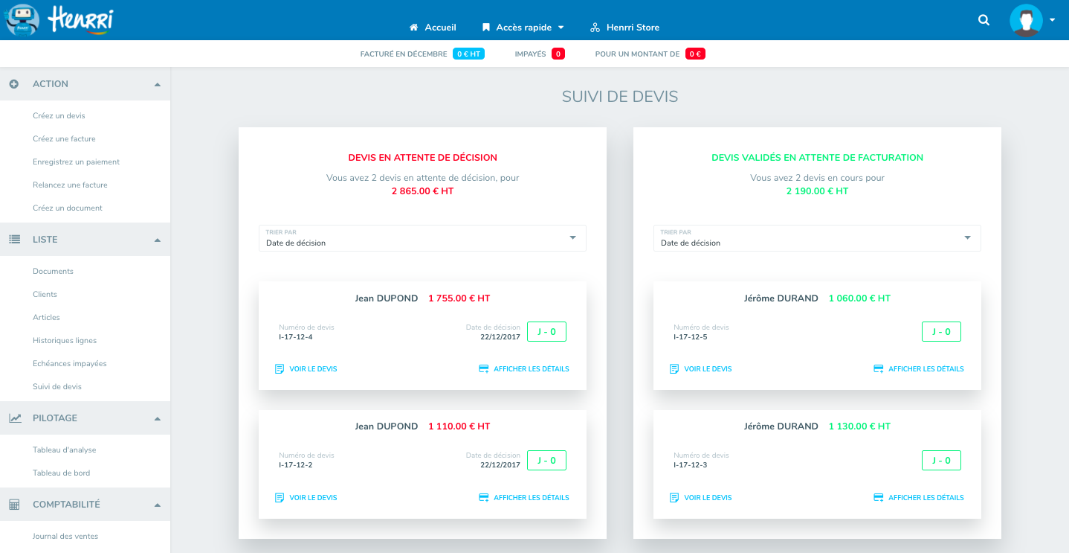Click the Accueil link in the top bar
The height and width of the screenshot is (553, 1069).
[x=433, y=28]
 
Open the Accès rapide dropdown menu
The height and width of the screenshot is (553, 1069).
[x=523, y=28]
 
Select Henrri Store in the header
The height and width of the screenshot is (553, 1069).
[x=624, y=28]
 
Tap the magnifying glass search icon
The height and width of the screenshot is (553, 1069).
[x=984, y=20]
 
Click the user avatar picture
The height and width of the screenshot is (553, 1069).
[x=1026, y=20]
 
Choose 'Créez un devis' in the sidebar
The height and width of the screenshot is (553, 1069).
[x=59, y=115]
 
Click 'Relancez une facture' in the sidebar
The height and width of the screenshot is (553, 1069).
[x=70, y=185]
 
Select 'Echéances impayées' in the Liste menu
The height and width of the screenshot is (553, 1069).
[x=70, y=364]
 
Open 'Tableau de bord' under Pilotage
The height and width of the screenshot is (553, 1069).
[x=61, y=473]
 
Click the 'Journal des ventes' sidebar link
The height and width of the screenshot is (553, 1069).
[x=65, y=537]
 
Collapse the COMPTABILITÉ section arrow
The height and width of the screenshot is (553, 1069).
[x=158, y=505]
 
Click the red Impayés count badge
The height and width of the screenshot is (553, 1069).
[x=558, y=54]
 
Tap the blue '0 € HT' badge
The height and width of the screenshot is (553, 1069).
[x=468, y=54]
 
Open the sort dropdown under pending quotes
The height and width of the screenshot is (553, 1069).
[x=422, y=238]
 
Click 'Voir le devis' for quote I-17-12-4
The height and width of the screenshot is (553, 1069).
[x=306, y=369]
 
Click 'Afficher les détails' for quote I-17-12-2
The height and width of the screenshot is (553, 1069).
[x=524, y=498]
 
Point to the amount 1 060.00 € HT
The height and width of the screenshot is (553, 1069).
[x=859, y=298]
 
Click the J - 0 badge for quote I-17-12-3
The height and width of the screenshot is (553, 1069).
[x=941, y=460]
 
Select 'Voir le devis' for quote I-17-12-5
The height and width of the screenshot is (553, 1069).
[x=700, y=369]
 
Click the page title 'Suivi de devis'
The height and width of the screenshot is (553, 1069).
[x=620, y=97]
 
